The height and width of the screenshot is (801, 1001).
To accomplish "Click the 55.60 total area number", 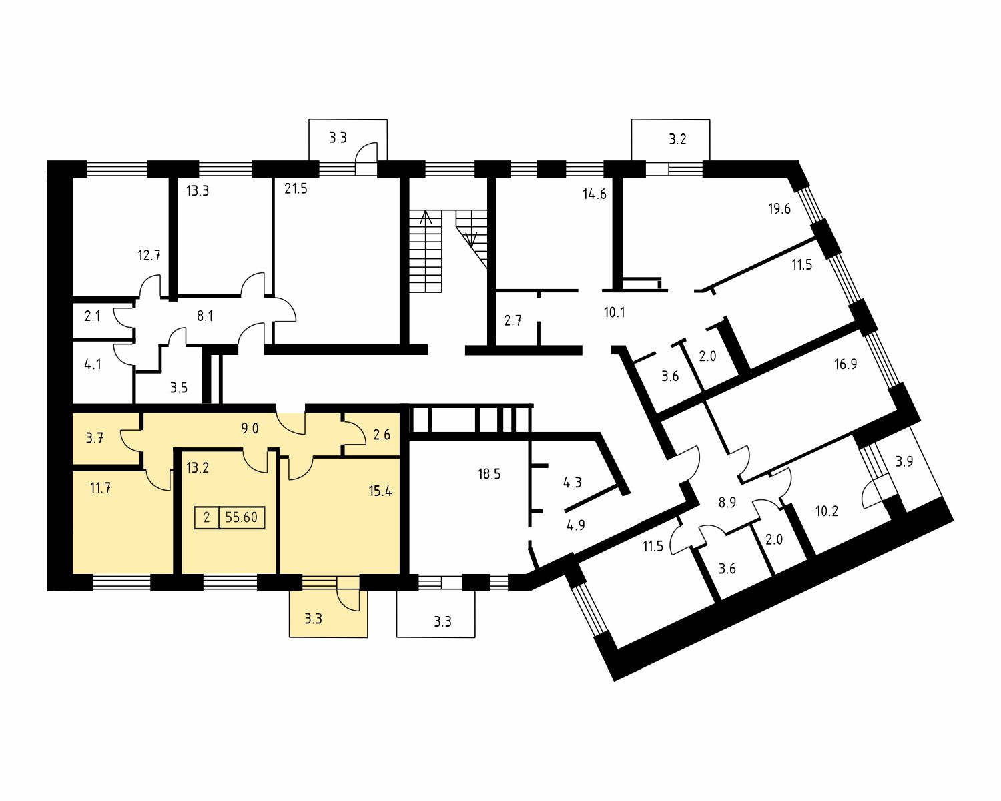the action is coord(241,517).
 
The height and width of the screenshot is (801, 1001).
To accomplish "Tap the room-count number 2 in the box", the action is coord(206,517).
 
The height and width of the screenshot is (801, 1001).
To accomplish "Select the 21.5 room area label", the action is coord(296,189).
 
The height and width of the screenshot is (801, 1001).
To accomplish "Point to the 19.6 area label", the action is coord(779,208).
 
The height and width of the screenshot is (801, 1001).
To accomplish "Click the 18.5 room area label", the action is coord(489,474).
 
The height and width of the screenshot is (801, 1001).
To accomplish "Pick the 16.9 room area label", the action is coord(845,364).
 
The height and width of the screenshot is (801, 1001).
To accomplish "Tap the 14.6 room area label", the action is coord(595,194).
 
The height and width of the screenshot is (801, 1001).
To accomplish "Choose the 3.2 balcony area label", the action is coord(677,139).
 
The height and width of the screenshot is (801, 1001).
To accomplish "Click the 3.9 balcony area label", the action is coord(904,461).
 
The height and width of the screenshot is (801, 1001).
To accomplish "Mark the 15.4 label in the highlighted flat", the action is coord(380,491).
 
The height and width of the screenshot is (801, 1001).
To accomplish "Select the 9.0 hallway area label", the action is coord(250,428).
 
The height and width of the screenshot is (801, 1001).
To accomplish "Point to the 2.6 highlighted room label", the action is coord(382,435).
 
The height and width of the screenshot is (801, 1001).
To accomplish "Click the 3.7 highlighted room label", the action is coord(94,438).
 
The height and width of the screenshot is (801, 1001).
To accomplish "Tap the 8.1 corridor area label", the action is coord(205,316).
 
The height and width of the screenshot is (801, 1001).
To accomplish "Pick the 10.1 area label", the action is coord(614,312).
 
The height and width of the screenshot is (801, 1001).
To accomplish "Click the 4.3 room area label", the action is coord(572,482).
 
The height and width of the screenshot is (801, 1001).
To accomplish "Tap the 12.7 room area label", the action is coord(149,255).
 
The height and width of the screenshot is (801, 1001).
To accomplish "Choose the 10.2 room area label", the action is coord(827,511).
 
